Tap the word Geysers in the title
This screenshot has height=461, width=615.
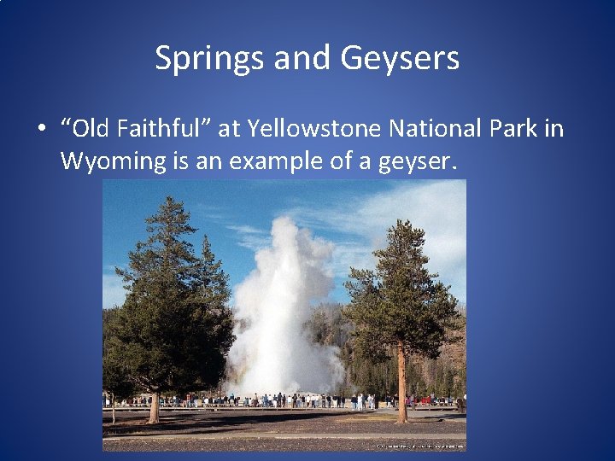pos(400,59)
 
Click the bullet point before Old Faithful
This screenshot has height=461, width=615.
pos(40,130)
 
